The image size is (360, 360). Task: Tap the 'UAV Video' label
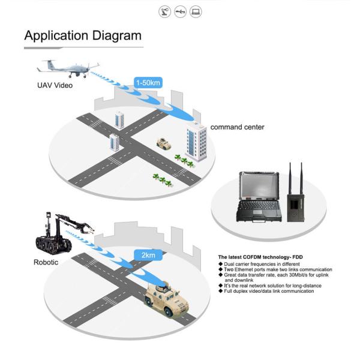(x=55, y=85)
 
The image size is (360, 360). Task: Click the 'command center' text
(x=237, y=127)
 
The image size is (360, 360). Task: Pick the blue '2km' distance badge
(x=148, y=254)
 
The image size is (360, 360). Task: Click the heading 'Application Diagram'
(x=83, y=35)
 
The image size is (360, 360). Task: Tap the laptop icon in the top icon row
(x=196, y=11)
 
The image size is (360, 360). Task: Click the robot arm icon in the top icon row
(x=164, y=11)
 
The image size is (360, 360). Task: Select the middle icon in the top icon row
(x=180, y=11)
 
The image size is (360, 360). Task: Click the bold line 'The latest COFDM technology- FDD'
(x=260, y=257)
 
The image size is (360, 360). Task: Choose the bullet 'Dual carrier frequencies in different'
(x=261, y=264)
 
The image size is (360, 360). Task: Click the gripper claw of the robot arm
(x=87, y=227)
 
